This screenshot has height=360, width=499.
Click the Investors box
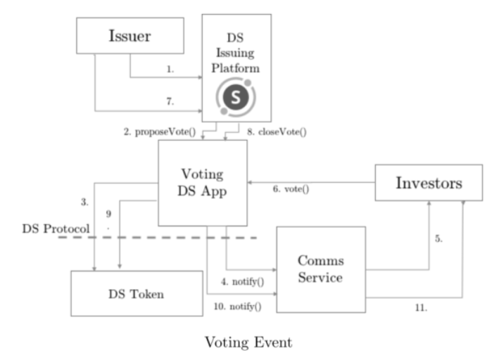point(428,184)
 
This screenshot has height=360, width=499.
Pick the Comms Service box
point(320,269)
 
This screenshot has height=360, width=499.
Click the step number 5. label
point(438,238)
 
